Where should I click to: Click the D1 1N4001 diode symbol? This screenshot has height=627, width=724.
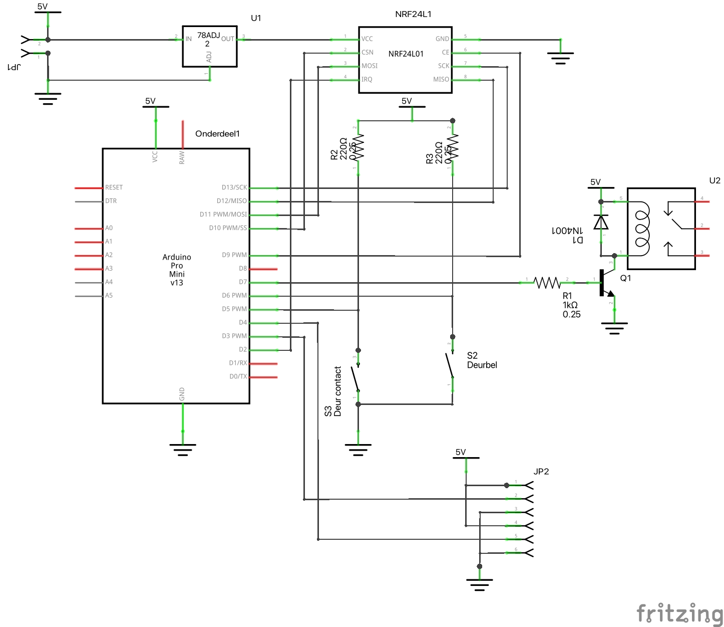click(601, 222)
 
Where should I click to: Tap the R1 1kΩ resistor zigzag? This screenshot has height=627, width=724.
click(547, 283)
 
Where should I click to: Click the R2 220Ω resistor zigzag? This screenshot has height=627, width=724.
click(358, 146)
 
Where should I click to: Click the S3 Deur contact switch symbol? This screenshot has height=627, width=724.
click(355, 379)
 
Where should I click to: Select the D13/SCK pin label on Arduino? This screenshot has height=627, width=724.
click(234, 187)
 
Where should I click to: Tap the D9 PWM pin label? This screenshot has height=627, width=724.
click(234, 255)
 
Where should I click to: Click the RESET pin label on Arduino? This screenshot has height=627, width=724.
click(114, 187)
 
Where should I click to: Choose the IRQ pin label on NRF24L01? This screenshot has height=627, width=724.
click(367, 79)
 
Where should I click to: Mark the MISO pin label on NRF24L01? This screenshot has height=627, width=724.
click(441, 79)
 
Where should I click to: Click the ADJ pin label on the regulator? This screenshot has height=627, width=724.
click(209, 57)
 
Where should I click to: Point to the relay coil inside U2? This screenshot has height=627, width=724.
click(642, 228)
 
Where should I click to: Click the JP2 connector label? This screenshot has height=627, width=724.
click(541, 472)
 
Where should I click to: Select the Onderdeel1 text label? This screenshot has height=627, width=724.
click(217, 134)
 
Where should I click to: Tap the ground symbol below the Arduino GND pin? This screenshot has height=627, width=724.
click(183, 449)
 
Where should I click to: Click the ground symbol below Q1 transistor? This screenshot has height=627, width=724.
click(614, 329)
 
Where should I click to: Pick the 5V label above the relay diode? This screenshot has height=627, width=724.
click(595, 182)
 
